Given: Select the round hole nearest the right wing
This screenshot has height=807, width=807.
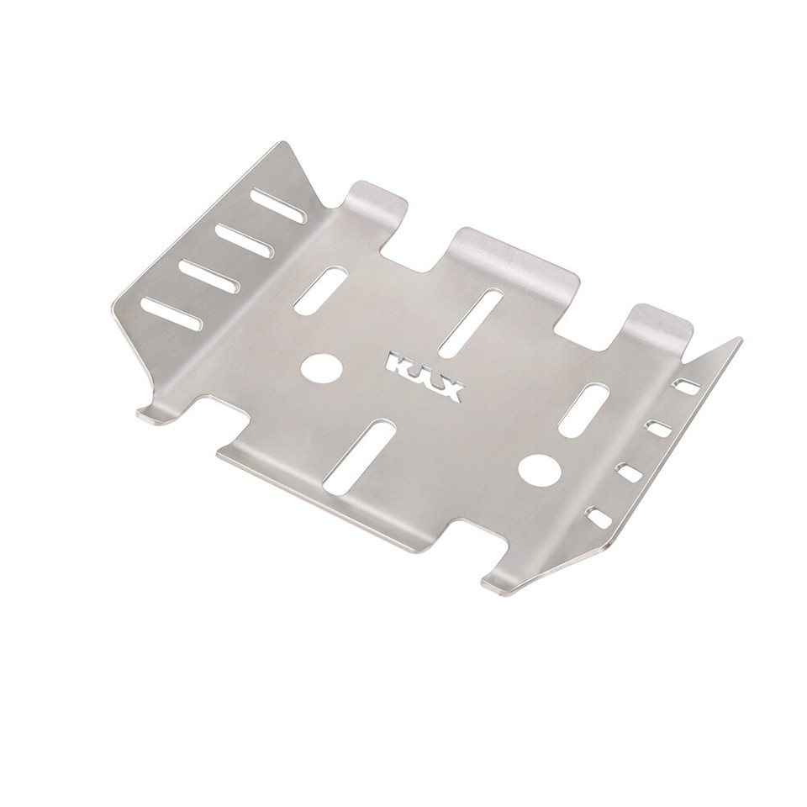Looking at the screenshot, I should coord(537,470).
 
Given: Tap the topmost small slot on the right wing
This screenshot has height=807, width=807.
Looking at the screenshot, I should coord(688,388).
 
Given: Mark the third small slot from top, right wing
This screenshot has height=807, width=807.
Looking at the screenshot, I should coord(630,472).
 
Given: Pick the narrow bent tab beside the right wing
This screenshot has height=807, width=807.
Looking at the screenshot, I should coord(661,324).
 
